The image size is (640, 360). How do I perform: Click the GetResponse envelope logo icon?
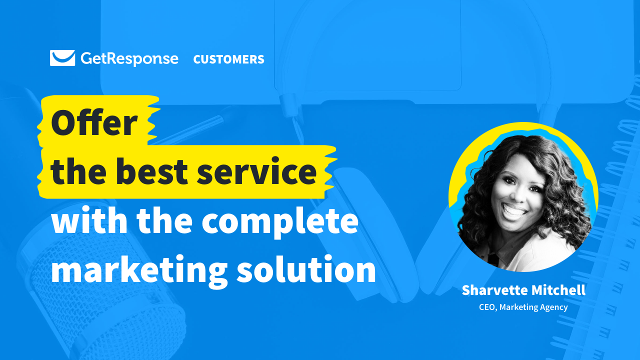coord(62,58)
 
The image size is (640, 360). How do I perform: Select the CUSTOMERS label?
coord(228,59)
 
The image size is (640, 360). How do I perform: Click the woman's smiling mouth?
coord(513,210)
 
